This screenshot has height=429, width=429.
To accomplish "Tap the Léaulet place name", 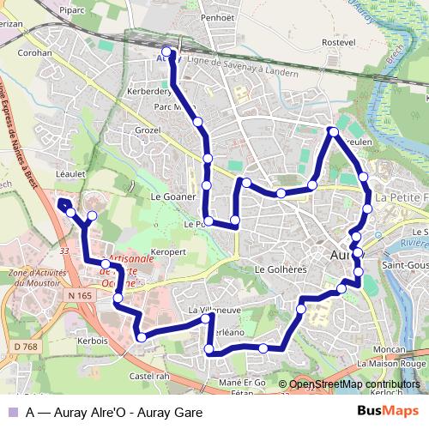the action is tap(72, 172).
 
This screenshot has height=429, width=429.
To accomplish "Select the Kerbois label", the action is tap(92, 340).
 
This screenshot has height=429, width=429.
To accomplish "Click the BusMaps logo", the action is tap(387, 411).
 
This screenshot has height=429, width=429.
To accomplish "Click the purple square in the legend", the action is tap(12, 411).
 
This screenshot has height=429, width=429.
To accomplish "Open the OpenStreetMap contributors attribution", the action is tap(353, 384).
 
